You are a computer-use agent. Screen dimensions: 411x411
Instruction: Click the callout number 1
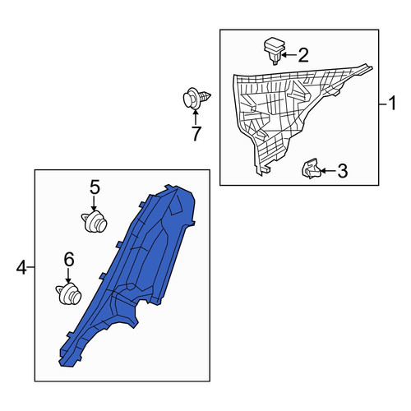393,103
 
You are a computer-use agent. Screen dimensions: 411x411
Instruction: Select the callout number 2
303,55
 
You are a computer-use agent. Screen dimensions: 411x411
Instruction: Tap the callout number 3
342,171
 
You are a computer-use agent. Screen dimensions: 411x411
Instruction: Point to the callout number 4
21,267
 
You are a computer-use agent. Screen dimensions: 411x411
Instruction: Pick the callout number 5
95,187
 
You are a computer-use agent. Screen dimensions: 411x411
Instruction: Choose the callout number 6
69,259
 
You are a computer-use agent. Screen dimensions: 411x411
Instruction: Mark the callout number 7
196,134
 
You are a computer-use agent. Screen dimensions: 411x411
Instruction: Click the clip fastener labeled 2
275,51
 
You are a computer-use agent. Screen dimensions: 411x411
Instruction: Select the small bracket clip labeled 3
311,169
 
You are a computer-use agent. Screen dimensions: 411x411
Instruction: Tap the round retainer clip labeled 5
95,222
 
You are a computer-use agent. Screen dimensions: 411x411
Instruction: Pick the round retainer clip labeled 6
69,293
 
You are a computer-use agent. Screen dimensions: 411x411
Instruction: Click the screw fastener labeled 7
196,99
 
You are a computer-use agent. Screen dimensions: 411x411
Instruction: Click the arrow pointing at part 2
289,55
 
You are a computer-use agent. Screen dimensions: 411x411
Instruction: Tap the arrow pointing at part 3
328,171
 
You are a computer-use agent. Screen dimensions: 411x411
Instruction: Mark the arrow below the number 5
94,204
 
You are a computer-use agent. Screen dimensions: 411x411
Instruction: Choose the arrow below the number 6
68,275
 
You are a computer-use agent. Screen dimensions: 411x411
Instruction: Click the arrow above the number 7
196,117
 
